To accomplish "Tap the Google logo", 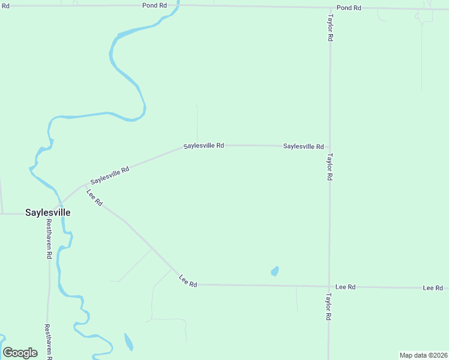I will tap(20, 352).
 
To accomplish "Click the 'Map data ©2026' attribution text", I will tap(423, 355).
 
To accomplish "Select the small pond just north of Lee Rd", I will tap(275, 271).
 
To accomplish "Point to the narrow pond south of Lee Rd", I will tap(128, 342).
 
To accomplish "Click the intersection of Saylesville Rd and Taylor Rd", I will tap(330, 146).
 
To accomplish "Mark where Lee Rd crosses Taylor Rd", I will tap(329, 286).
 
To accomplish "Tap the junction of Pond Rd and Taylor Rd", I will tap(330, 7).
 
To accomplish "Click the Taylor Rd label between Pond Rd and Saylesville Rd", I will tap(330, 28).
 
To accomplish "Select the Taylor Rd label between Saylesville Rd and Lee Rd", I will tap(330, 167).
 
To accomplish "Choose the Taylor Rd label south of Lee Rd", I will tap(329, 306).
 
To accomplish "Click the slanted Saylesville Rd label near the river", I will tap(110, 175).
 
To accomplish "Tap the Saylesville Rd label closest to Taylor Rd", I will tap(303, 146).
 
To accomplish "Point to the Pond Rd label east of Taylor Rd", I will tap(349, 8).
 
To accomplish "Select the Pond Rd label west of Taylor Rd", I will tap(154, 5).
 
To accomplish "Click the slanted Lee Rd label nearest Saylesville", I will tap(95, 198).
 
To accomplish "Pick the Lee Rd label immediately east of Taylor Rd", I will tap(346, 287).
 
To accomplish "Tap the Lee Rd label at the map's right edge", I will tap(432, 288).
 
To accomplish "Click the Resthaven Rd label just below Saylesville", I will tap(49, 238).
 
